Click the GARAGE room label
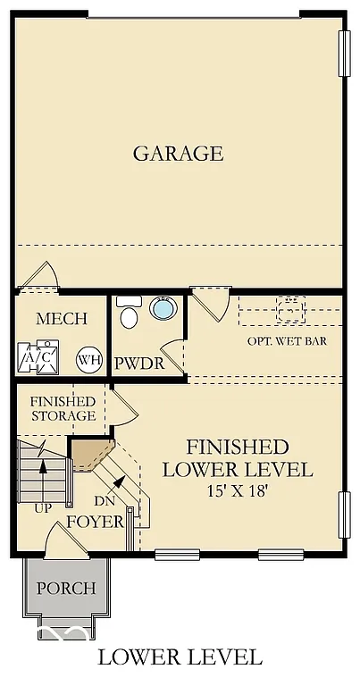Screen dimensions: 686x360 tap(178, 153)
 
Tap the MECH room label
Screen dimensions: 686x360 tap(62, 319)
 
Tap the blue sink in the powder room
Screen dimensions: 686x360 tap(163, 309)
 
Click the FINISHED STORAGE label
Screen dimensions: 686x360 tap(63, 408)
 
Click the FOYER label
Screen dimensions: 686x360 tap(95, 521)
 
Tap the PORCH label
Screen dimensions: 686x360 tap(66, 588)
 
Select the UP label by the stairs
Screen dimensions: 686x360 tap(42, 507)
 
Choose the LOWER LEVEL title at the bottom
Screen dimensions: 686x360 tap(180, 658)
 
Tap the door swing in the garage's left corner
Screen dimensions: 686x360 tap(38, 276)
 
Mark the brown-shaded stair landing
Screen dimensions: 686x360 tap(90, 453)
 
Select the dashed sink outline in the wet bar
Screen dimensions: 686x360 tap(289, 310)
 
